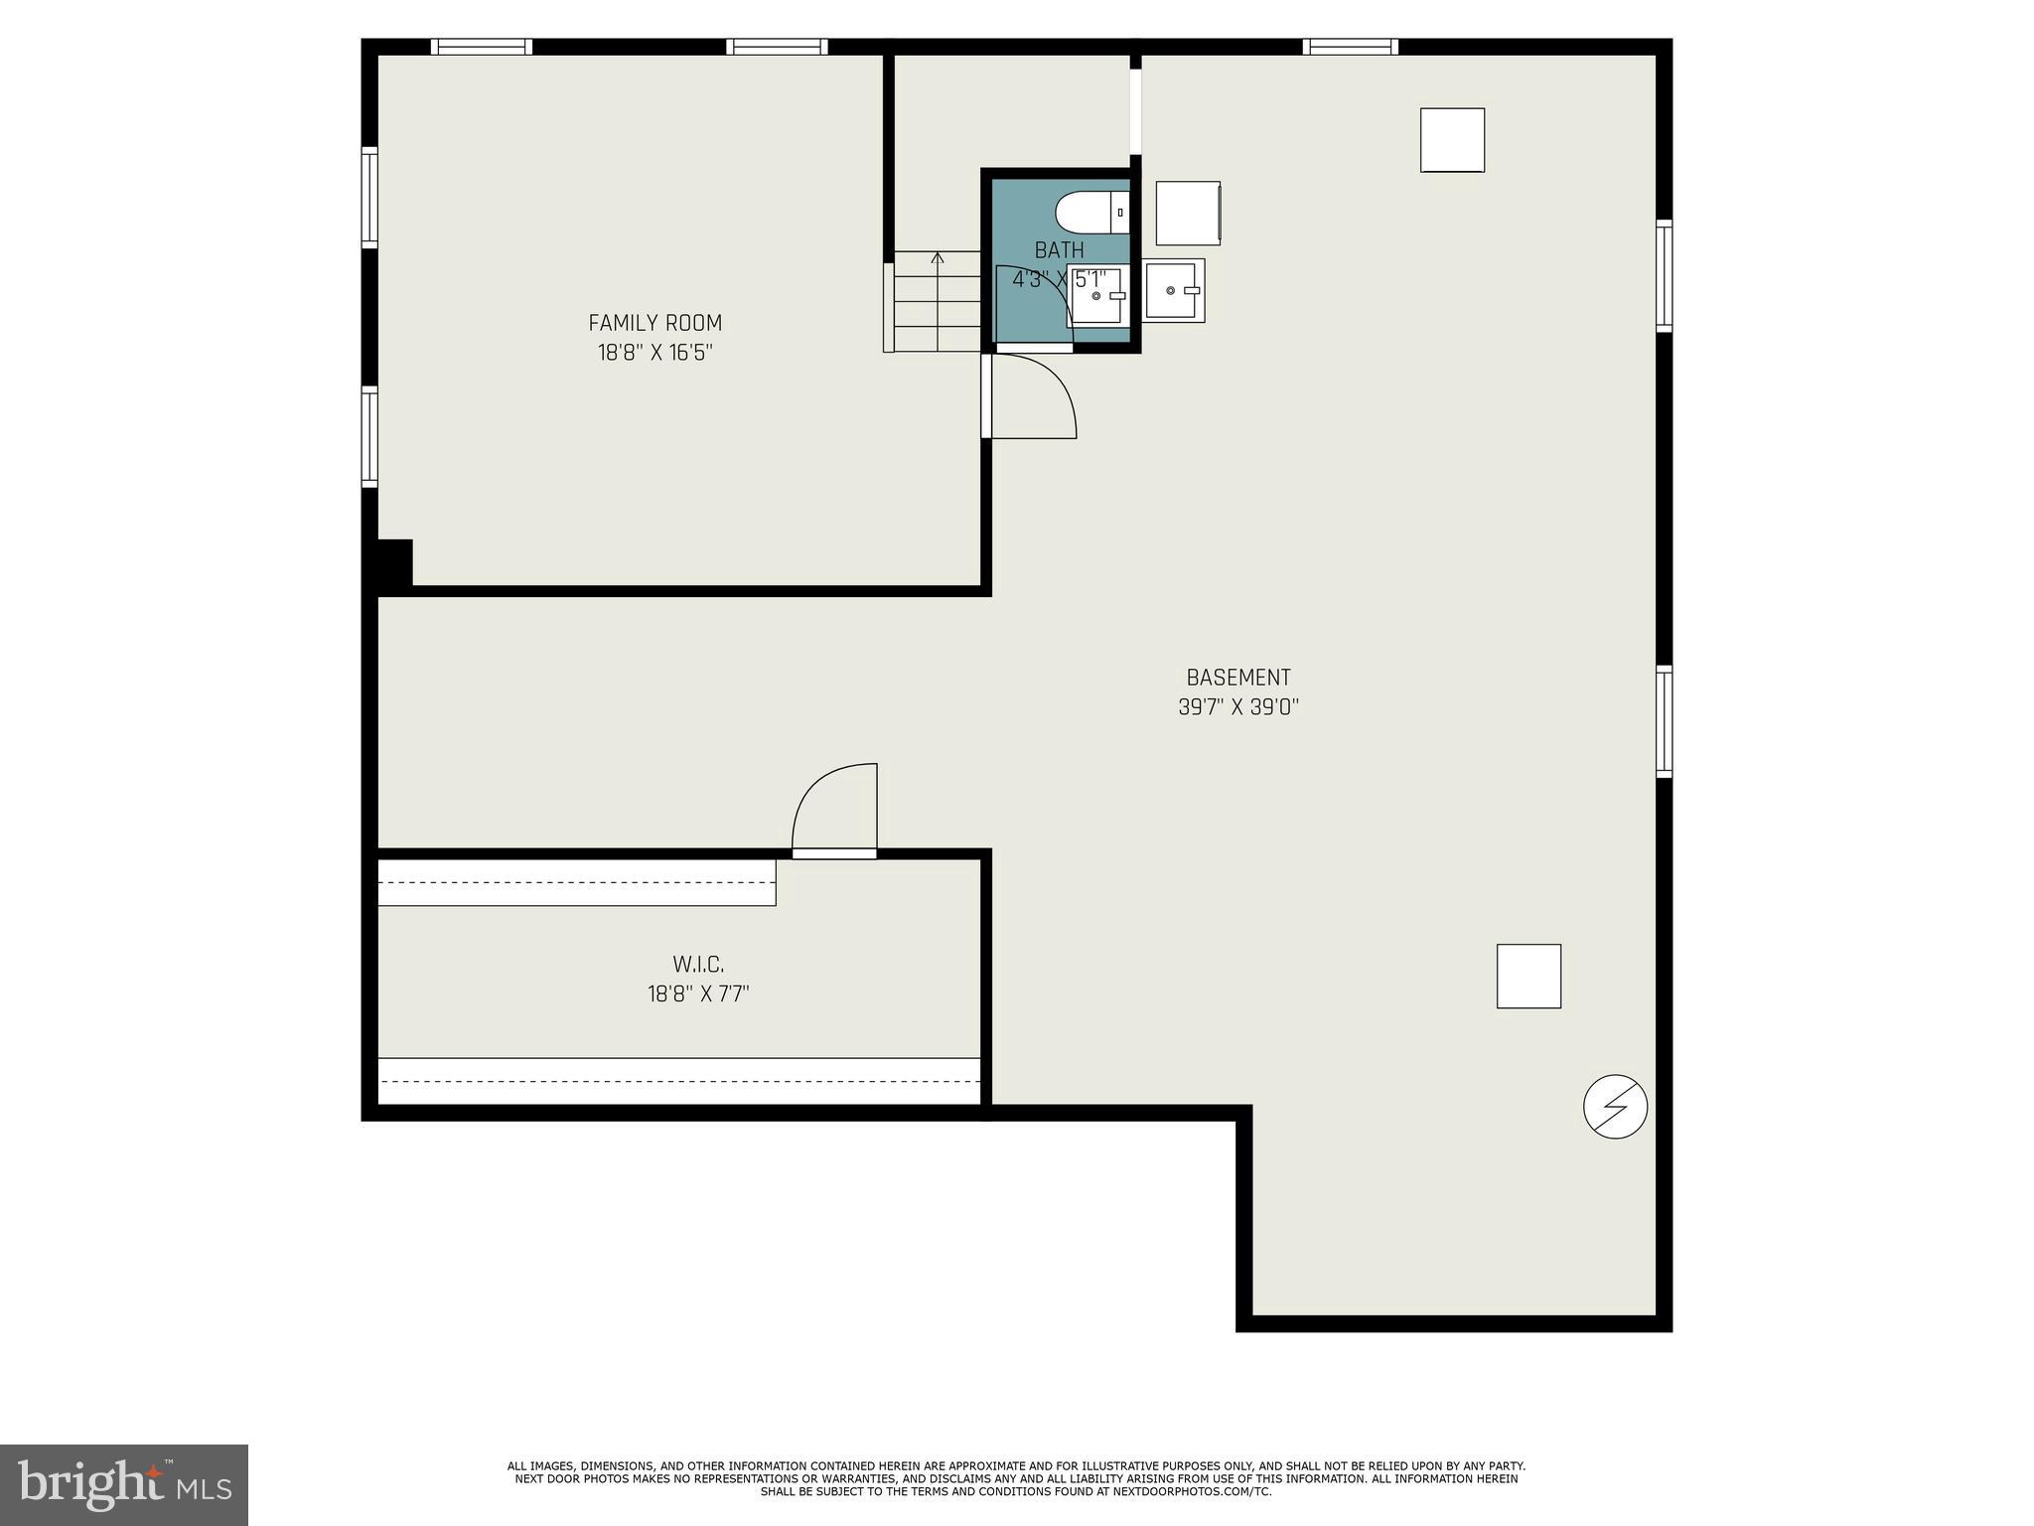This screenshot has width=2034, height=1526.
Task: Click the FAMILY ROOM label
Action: (x=654, y=323)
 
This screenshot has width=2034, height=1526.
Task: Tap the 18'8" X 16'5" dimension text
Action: (x=654, y=353)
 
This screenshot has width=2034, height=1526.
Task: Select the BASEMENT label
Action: (x=1237, y=678)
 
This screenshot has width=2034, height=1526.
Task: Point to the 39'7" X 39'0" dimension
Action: (x=1237, y=707)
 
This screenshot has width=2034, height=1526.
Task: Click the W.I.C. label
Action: (x=698, y=964)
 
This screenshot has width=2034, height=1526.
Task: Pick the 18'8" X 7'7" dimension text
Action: (x=698, y=993)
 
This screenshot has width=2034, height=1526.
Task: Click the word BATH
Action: (x=1059, y=249)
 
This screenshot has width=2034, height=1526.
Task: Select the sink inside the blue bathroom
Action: (x=1096, y=296)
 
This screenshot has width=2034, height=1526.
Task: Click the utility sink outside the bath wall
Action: (x=1174, y=290)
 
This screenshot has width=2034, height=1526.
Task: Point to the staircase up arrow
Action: (x=938, y=260)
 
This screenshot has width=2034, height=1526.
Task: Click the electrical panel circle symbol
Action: (x=1615, y=1106)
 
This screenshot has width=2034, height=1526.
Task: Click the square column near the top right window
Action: (x=1452, y=140)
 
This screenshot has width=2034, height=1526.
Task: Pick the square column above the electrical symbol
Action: (x=1528, y=976)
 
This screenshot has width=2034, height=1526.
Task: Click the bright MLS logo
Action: (x=124, y=1484)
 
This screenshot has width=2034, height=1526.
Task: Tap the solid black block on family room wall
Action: (x=392, y=562)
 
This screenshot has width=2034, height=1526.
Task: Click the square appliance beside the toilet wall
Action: (x=1188, y=213)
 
